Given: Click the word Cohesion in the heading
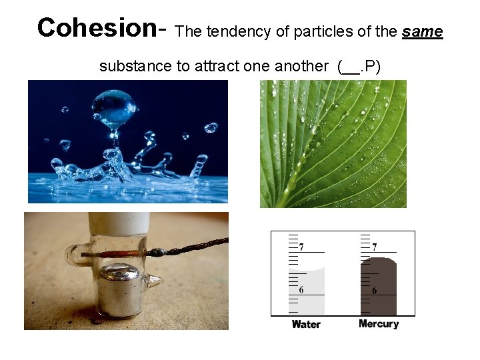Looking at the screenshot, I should (x=96, y=27).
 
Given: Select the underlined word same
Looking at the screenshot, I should (x=423, y=31).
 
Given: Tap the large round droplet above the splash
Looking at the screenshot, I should (x=114, y=107).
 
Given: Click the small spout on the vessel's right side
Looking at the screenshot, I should (x=155, y=283).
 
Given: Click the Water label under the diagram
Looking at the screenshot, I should (x=306, y=325).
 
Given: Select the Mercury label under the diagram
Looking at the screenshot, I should (x=378, y=324).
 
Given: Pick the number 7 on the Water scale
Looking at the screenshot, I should (x=301, y=247).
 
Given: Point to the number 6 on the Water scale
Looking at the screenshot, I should (x=301, y=290).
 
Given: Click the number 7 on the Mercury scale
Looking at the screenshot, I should (x=374, y=247).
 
